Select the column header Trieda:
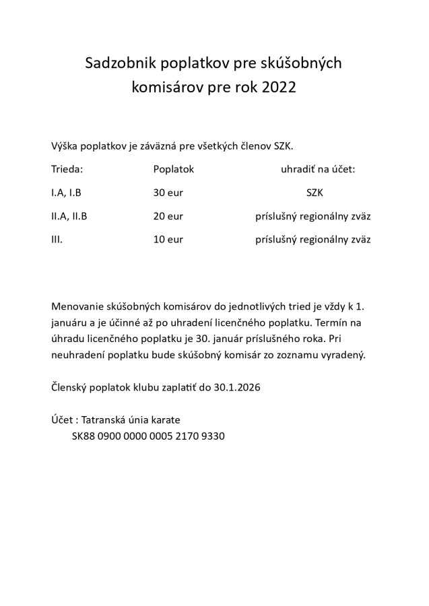coord(67,170)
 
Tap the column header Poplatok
coord(173,170)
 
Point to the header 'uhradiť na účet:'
coord(317,170)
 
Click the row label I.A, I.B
coord(66,193)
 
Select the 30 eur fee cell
coord(168,193)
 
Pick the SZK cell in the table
coord(315,193)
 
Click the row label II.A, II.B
coord(69,216)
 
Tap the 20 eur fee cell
coord(168,216)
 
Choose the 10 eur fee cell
coord(168,239)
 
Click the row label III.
coord(57,239)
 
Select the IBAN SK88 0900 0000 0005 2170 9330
coord(148,436)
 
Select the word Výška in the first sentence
coord(65,146)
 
